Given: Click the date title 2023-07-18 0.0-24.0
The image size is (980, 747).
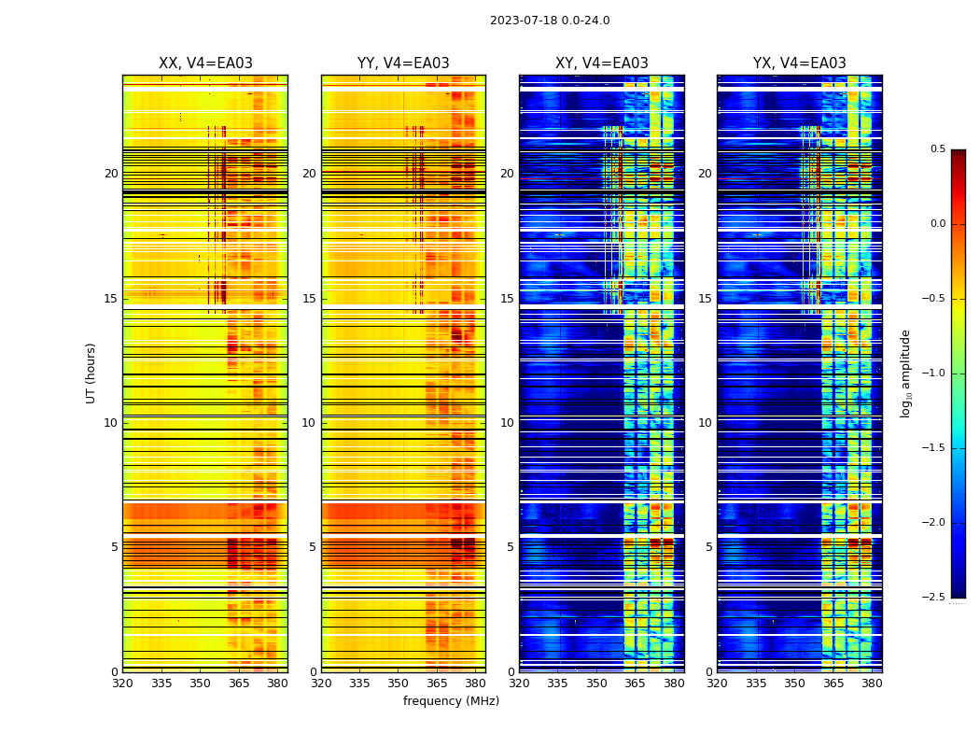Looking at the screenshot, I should [550, 21].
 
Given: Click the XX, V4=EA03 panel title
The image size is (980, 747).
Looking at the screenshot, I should [205, 63].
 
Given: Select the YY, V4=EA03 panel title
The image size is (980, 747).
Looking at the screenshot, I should [403, 63].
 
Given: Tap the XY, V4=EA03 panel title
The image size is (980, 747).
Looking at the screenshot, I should [602, 63].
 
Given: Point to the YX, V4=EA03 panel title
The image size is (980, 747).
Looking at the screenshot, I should [800, 63].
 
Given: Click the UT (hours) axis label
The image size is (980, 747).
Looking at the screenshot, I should [91, 373].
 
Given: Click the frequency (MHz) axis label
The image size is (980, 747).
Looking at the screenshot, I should [451, 701].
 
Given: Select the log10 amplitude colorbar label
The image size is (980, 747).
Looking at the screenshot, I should [905, 373].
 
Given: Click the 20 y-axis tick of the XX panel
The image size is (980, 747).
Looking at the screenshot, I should [111, 174].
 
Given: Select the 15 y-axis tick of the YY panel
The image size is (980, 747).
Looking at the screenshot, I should [309, 299].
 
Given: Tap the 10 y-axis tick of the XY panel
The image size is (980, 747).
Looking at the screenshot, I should [507, 423].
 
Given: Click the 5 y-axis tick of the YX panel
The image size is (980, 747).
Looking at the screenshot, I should [708, 547].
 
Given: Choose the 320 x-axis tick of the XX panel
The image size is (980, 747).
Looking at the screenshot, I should [122, 684].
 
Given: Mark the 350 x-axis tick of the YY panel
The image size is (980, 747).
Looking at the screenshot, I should [399, 684].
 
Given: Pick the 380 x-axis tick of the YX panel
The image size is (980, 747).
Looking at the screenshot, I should [872, 684].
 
